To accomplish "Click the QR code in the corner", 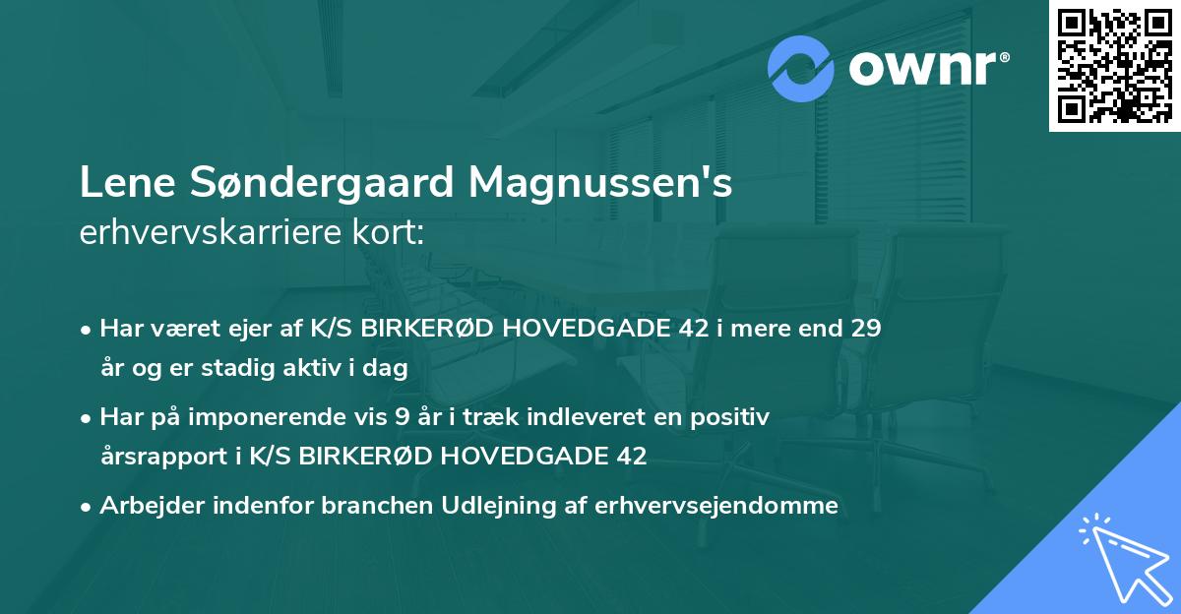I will point(1114,66).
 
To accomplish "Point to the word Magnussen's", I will point(600,184).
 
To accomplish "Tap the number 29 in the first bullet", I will point(866,329).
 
